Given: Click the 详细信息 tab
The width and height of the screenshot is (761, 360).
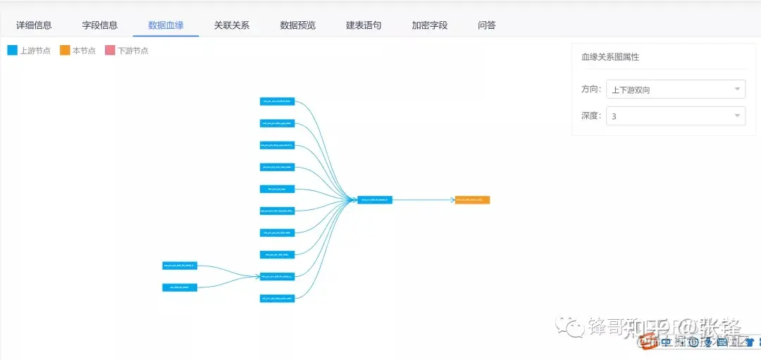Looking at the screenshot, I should coord(34,25).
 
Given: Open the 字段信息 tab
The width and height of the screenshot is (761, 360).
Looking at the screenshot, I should coord(100,25).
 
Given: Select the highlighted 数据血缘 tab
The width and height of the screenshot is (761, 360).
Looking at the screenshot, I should coord(166,25).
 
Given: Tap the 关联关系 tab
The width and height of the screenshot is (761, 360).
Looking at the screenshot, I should coord(232,25).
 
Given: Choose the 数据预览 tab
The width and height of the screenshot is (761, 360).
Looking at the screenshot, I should coord(297,25).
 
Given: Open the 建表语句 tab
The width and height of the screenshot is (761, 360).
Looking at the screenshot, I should coord(364,25).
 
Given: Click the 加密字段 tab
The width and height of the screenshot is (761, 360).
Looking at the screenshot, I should coord(430,25).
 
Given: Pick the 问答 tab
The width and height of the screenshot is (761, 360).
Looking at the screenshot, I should coord(487,25).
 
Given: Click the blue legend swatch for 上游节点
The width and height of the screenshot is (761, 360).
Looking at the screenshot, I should coord(12,51).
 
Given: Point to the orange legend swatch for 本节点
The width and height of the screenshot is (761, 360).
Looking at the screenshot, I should coord(65,51).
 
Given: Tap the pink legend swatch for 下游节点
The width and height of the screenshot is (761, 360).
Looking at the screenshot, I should coord(110,51).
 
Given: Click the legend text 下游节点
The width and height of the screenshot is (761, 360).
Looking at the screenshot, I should coord(132,51).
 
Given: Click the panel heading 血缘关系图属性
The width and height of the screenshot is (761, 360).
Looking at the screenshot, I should coord(610,57).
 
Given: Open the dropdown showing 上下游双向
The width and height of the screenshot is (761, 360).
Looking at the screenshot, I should coord(675,89).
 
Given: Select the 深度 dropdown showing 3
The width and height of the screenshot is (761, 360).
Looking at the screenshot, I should coord(675,116).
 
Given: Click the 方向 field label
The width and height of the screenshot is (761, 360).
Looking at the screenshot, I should coord(591,89).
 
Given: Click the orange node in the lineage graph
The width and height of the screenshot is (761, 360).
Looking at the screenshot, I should coord(472,200).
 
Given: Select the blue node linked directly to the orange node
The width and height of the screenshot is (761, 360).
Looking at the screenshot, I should coord(375,200).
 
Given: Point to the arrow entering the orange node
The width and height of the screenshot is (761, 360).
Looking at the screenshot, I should coord(452,200).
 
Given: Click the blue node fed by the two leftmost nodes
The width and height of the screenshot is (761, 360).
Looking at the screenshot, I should coord(277,276).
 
